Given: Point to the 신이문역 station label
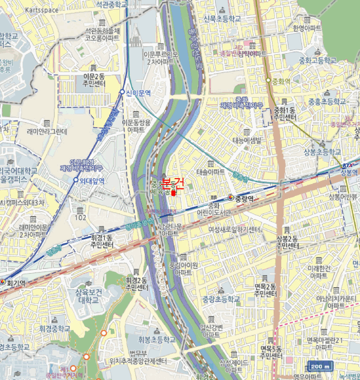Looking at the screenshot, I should coord(138,93).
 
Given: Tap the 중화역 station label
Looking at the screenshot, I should coord(280,81).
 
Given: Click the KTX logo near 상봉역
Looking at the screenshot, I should coord(347,166).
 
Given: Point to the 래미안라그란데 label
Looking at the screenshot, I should coord(47,131).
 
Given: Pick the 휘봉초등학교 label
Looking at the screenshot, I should coord(156,340).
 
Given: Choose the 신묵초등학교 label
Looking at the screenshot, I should coord(221,18).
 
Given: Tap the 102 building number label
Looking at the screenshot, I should coord(81,218).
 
